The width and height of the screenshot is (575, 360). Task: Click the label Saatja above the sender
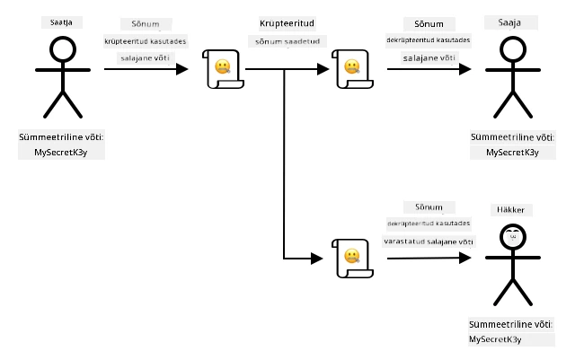[61, 22]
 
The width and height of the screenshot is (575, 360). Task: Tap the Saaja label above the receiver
[509, 22]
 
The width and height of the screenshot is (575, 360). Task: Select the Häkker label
[510, 210]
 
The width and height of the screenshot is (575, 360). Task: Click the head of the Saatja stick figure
[63, 49]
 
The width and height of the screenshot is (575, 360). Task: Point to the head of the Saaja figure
[513, 49]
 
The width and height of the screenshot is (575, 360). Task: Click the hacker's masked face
[513, 237]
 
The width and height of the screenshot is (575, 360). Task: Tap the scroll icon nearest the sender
[223, 69]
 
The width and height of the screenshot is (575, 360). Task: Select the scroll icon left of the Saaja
[352, 69]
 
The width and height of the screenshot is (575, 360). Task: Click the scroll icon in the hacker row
[352, 259]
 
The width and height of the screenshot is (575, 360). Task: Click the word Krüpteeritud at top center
[287, 23]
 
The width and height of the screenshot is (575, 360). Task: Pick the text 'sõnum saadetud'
[287, 41]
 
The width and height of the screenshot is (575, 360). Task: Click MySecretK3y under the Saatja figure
[61, 152]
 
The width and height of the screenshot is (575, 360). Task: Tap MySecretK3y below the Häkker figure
[495, 339]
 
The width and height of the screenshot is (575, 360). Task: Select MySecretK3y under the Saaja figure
[513, 152]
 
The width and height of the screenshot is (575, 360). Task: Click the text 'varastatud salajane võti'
[429, 241]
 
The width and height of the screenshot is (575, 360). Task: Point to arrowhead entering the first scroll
[182, 69]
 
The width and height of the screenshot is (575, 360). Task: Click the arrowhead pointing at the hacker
[465, 258]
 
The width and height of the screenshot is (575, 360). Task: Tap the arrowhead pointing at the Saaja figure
[465, 69]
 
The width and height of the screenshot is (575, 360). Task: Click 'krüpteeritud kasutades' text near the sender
[146, 41]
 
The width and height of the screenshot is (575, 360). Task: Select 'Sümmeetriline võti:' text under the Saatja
[61, 137]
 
